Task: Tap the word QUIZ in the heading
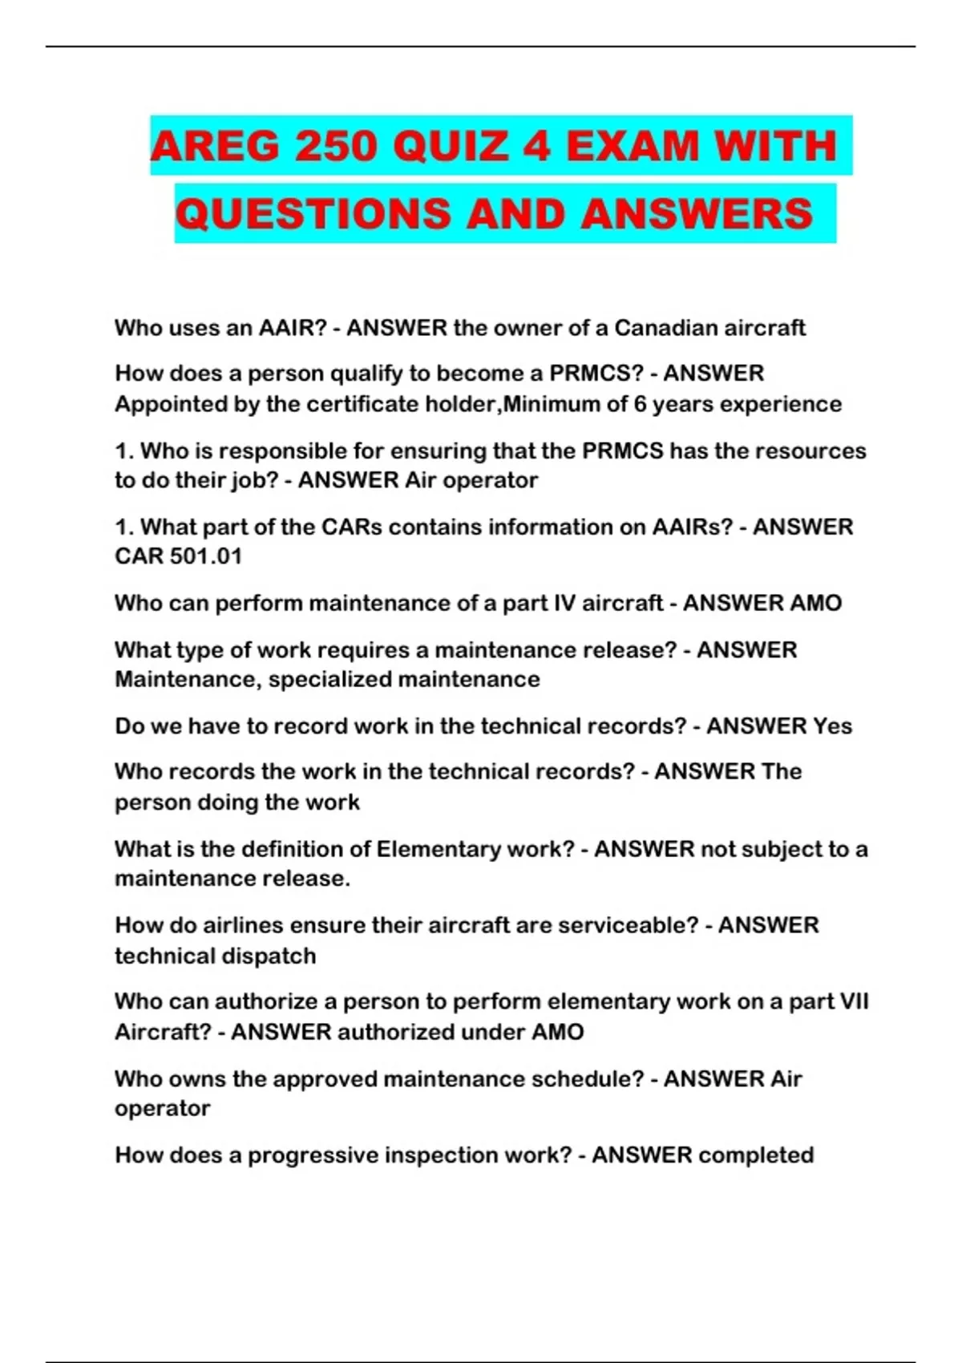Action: coord(451,147)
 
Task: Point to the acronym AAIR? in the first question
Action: coord(293,328)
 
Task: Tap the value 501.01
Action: coord(206,556)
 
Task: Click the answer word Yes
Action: coord(832,726)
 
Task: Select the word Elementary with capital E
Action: coord(438,849)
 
